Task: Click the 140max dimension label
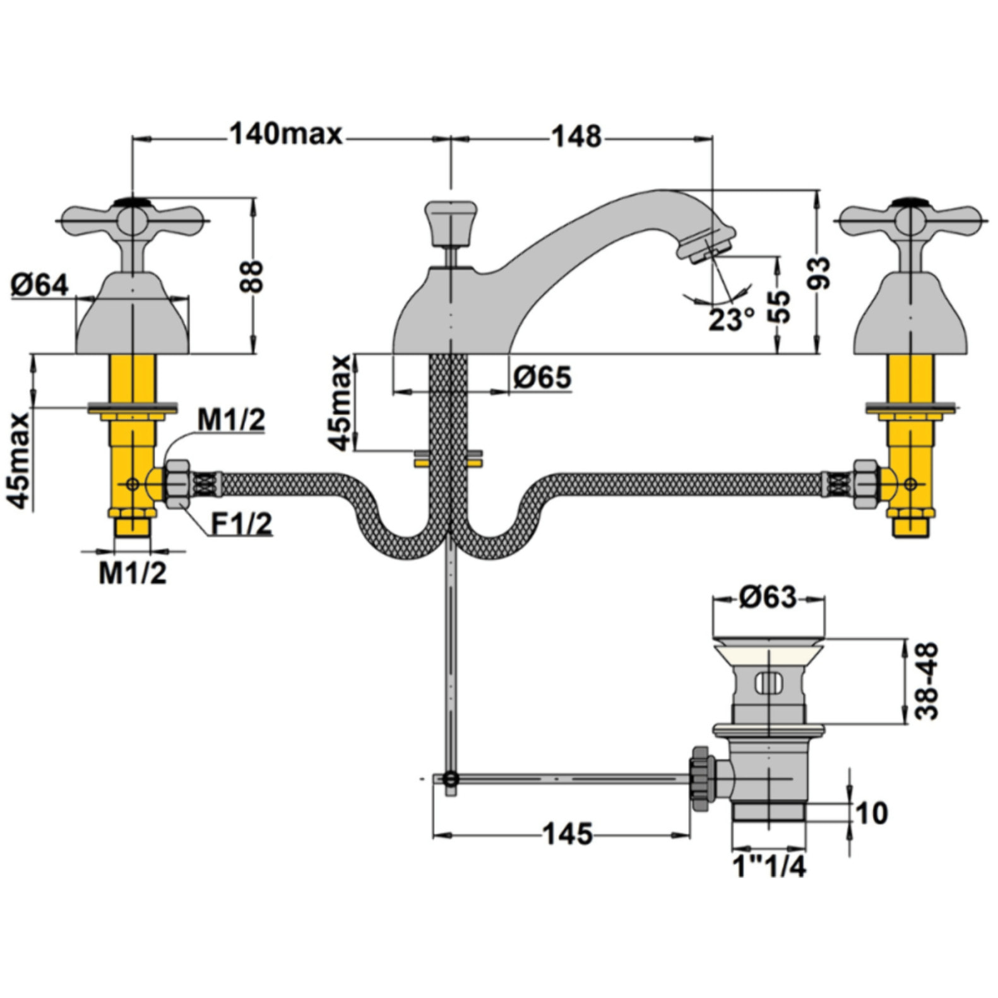coord(285,134)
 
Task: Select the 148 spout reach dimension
coord(576,136)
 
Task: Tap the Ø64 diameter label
coord(39,285)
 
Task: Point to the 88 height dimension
coord(252,276)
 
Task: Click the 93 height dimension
coord(819,273)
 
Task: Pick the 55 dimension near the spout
coord(781,306)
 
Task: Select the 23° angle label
coord(731,319)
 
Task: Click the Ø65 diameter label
coord(542,377)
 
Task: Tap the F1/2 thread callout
coord(241,523)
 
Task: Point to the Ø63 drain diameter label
coord(768,597)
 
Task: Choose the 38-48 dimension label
coord(927,681)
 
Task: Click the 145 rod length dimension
coord(568,835)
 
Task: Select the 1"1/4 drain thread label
coord(769,866)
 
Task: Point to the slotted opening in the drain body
coord(768,683)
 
